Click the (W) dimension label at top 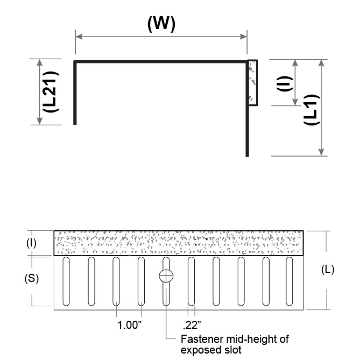[161, 24]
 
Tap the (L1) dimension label [311, 109]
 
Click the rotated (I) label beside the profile [285, 84]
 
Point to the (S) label [31, 279]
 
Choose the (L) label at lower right [328, 269]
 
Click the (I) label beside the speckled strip [31, 243]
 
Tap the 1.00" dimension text [130, 325]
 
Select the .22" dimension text [192, 325]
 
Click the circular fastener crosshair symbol [166, 276]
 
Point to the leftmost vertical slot [66, 281]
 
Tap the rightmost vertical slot [289, 281]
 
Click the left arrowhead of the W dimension [79, 36]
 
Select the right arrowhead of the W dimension [243, 36]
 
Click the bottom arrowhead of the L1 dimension [321, 152]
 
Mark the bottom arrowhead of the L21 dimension [40, 121]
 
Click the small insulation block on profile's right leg [253, 83]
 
